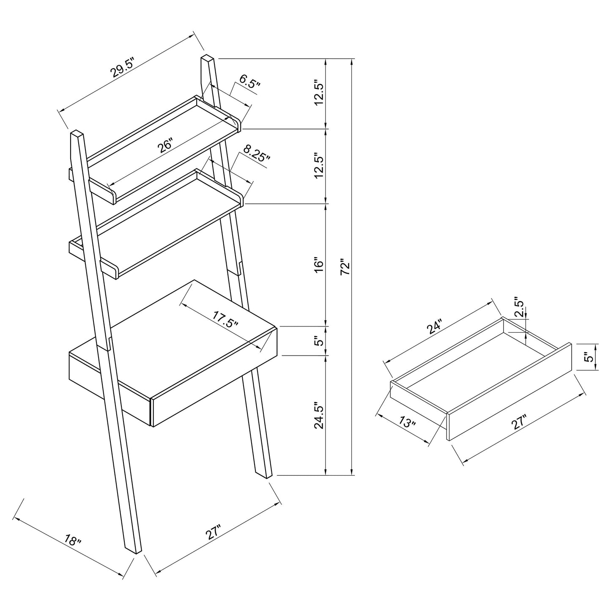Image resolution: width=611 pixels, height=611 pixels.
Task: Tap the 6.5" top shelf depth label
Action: coord(249,81)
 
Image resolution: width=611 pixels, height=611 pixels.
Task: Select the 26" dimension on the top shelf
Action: coord(165,145)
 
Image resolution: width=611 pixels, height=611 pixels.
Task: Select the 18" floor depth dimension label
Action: coord(73,540)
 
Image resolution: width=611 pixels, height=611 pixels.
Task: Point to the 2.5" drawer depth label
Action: coord(520,309)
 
